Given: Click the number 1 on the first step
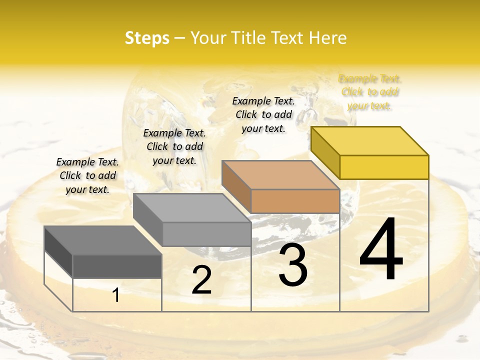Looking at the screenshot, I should [x=116, y=295].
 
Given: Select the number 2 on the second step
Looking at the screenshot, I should [x=201, y=280].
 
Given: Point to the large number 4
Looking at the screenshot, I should [x=381, y=250].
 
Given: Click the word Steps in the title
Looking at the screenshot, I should [x=147, y=38].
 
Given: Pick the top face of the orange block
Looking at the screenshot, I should [x=280, y=175].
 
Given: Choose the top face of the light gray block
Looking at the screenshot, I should [x=192, y=208].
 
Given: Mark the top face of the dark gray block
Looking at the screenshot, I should [x=103, y=240].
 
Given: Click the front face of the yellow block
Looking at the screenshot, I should [x=384, y=167].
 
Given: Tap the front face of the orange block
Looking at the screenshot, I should [x=295, y=201].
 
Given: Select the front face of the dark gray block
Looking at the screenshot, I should [x=117, y=266].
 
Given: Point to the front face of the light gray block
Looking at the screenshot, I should [x=206, y=234].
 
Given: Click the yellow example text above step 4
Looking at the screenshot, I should [x=370, y=92].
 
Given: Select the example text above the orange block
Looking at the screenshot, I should [x=263, y=114].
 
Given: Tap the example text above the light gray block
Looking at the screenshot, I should [x=174, y=146].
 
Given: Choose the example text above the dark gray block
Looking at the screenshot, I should [x=87, y=175].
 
